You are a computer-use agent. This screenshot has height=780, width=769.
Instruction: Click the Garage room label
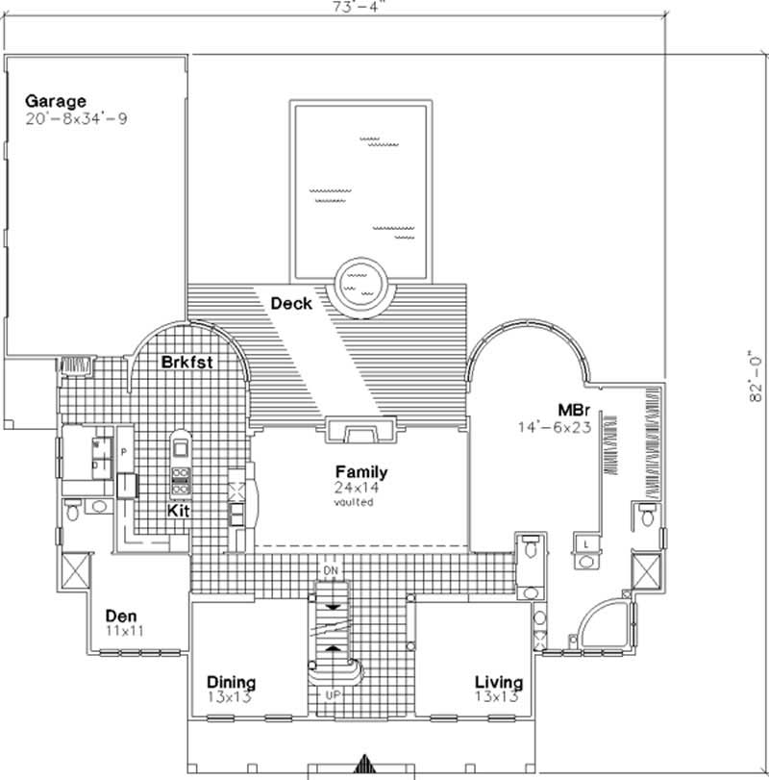(56, 101)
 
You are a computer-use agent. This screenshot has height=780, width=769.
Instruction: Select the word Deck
(290, 304)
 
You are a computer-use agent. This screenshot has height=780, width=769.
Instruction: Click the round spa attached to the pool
(363, 282)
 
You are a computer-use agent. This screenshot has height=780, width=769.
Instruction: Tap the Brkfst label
(186, 362)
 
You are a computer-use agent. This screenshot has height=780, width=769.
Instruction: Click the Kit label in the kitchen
(178, 512)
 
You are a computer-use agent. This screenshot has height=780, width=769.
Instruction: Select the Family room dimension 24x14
(360, 488)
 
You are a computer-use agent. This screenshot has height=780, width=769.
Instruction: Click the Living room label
(498, 683)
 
